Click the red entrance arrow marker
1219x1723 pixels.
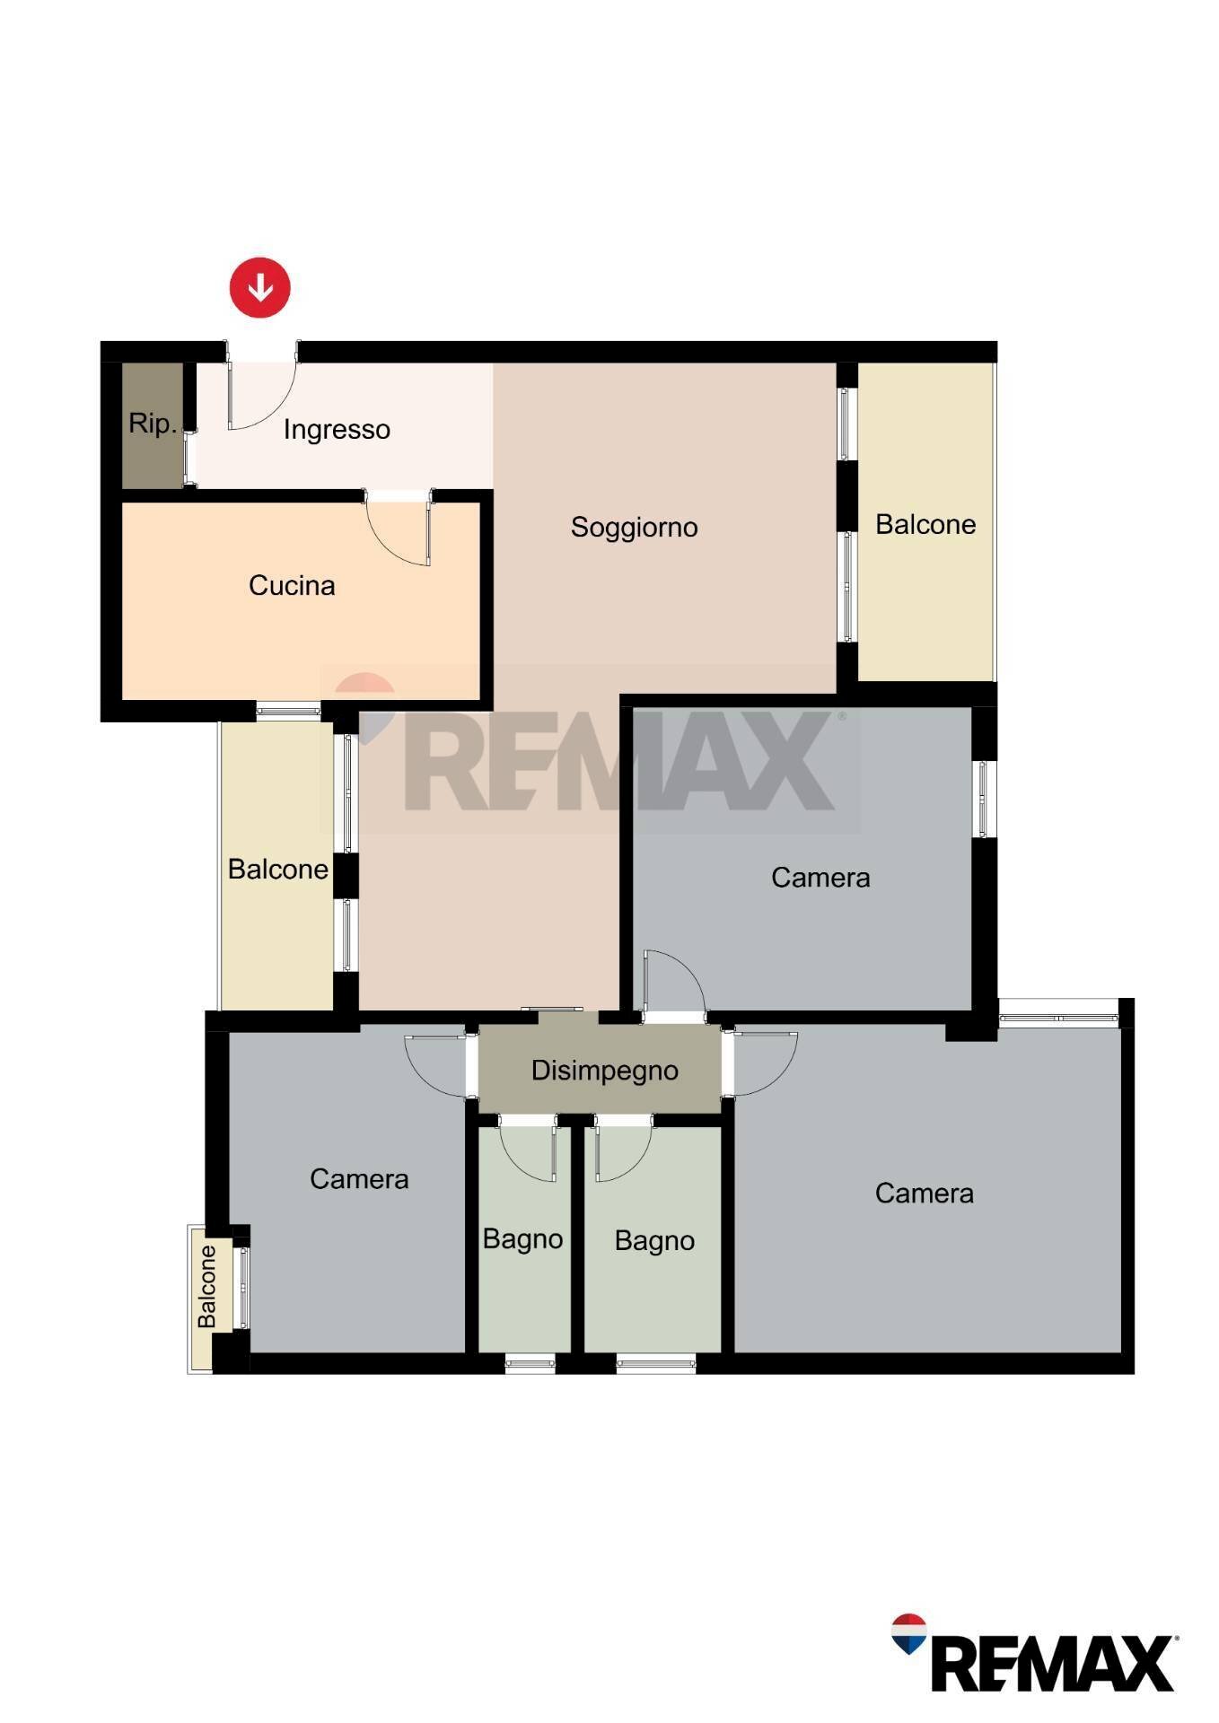tap(260, 288)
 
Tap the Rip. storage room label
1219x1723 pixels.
tap(152, 424)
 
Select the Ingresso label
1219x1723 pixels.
tap(337, 430)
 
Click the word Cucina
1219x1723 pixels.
tap(292, 586)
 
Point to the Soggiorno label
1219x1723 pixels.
tap(634, 527)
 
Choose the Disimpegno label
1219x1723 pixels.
tap(604, 1071)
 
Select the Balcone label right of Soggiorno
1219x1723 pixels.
tap(925, 525)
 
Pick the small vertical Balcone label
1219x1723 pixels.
tap(207, 1287)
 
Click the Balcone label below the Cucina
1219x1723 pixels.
tap(277, 870)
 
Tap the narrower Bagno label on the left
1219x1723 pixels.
tap(522, 1239)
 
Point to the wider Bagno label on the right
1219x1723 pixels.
tap(654, 1241)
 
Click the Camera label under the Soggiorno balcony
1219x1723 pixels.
tap(820, 878)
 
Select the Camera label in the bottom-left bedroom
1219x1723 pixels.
tap(359, 1179)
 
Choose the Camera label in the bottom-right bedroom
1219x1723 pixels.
tap(924, 1194)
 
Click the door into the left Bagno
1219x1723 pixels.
tap(530, 1149)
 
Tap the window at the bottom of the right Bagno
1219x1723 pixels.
tap(656, 1365)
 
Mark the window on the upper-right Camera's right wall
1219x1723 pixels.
tap(985, 799)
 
